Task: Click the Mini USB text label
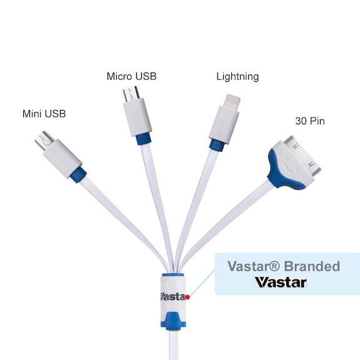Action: [x=44, y=114]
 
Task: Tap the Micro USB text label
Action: [x=131, y=76]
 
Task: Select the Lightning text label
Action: [x=237, y=77]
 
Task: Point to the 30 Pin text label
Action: [x=310, y=121]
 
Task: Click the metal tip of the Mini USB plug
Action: [x=44, y=140]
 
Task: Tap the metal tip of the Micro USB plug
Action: [x=131, y=94]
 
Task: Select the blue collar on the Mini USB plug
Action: [x=79, y=175]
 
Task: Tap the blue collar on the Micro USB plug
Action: [x=144, y=139]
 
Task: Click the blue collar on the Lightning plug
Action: [x=217, y=145]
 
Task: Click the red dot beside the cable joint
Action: [x=187, y=297]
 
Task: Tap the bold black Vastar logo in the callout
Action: [x=281, y=282]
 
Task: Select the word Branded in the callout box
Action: [x=312, y=266]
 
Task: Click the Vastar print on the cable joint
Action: [x=173, y=296]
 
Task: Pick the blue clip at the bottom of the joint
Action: [x=173, y=321]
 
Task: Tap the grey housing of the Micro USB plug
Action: [x=137, y=117]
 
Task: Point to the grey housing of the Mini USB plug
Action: [x=62, y=158]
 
